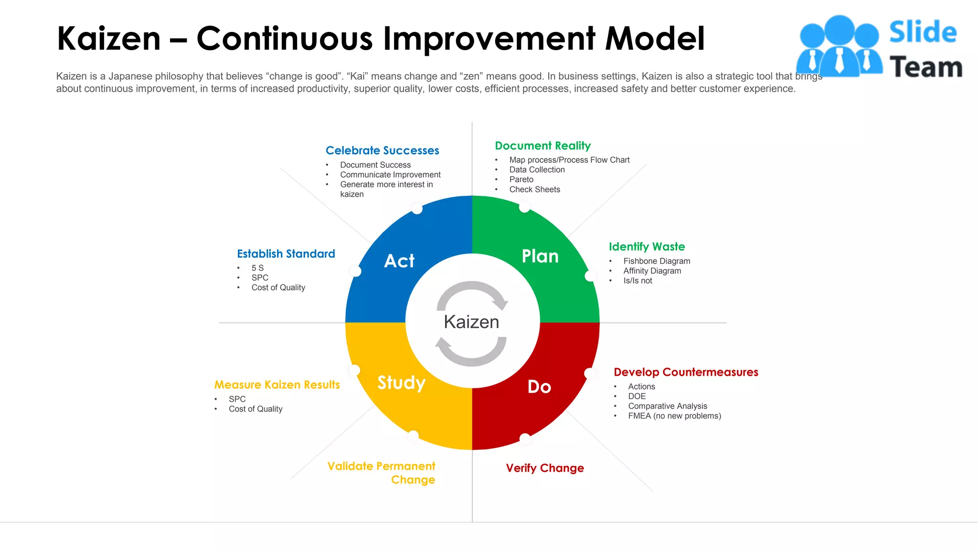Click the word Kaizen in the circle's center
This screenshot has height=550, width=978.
pyautogui.click(x=471, y=322)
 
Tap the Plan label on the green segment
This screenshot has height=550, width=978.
pyautogui.click(x=540, y=256)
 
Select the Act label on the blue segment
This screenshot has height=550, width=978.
pyautogui.click(x=399, y=261)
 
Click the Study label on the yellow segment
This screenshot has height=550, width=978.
pyautogui.click(x=401, y=382)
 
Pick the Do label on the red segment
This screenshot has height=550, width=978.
pyautogui.click(x=539, y=387)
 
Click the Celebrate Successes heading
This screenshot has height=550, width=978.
pyautogui.click(x=382, y=150)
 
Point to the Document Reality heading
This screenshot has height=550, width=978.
pyautogui.click(x=542, y=146)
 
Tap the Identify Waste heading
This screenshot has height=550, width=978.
pyautogui.click(x=647, y=247)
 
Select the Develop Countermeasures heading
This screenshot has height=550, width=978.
pyautogui.click(x=686, y=372)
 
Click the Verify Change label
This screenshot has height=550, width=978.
pyautogui.click(x=545, y=468)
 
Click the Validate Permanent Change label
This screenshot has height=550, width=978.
pyautogui.click(x=382, y=473)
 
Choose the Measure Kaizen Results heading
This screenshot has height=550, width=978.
pyautogui.click(x=277, y=385)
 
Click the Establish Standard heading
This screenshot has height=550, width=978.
pyautogui.click(x=286, y=254)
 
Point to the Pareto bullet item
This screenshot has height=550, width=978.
pyautogui.click(x=521, y=180)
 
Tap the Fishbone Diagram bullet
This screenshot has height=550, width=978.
pyautogui.click(x=657, y=261)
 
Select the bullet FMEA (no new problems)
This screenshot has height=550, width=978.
pyautogui.click(x=674, y=416)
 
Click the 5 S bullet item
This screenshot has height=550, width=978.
pyautogui.click(x=257, y=268)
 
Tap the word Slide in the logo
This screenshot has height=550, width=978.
pyautogui.click(x=923, y=32)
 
